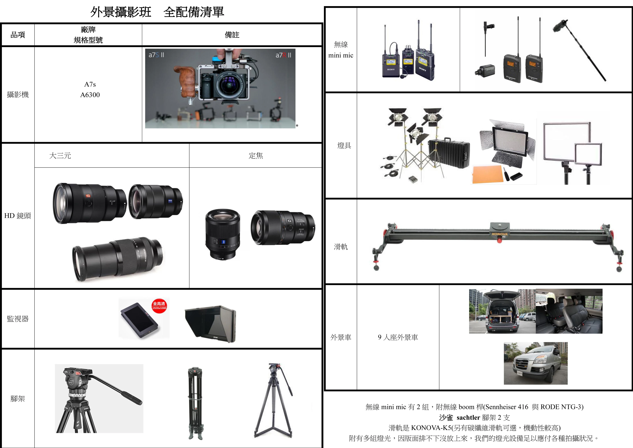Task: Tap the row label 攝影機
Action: [x=18, y=95]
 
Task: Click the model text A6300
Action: [x=90, y=95]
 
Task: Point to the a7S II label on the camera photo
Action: [x=156, y=55]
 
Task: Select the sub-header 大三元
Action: [x=60, y=156]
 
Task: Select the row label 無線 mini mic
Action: [x=341, y=50]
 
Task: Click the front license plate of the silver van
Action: [x=520, y=373]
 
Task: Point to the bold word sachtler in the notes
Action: [x=468, y=418]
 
